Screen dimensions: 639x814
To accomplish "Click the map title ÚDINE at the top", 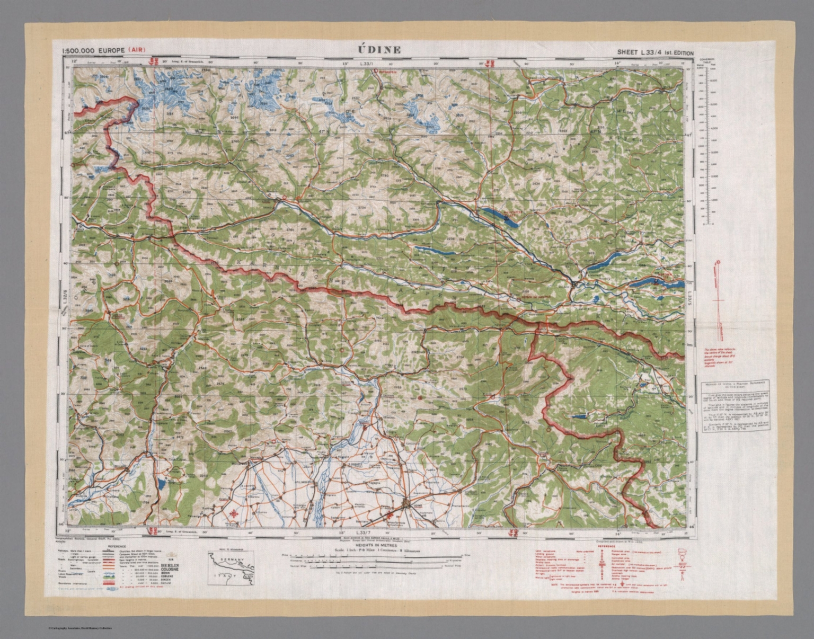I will pyautogui.click(x=379, y=50).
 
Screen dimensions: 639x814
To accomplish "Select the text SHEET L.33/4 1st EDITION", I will pyautogui.click(x=654, y=52).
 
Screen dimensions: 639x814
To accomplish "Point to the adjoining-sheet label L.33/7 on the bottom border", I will pyautogui.click(x=363, y=532).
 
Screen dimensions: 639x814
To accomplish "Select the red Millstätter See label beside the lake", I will pyautogui.click(x=511, y=210).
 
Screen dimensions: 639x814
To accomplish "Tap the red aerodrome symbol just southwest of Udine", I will pyautogui.click(x=391, y=516).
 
